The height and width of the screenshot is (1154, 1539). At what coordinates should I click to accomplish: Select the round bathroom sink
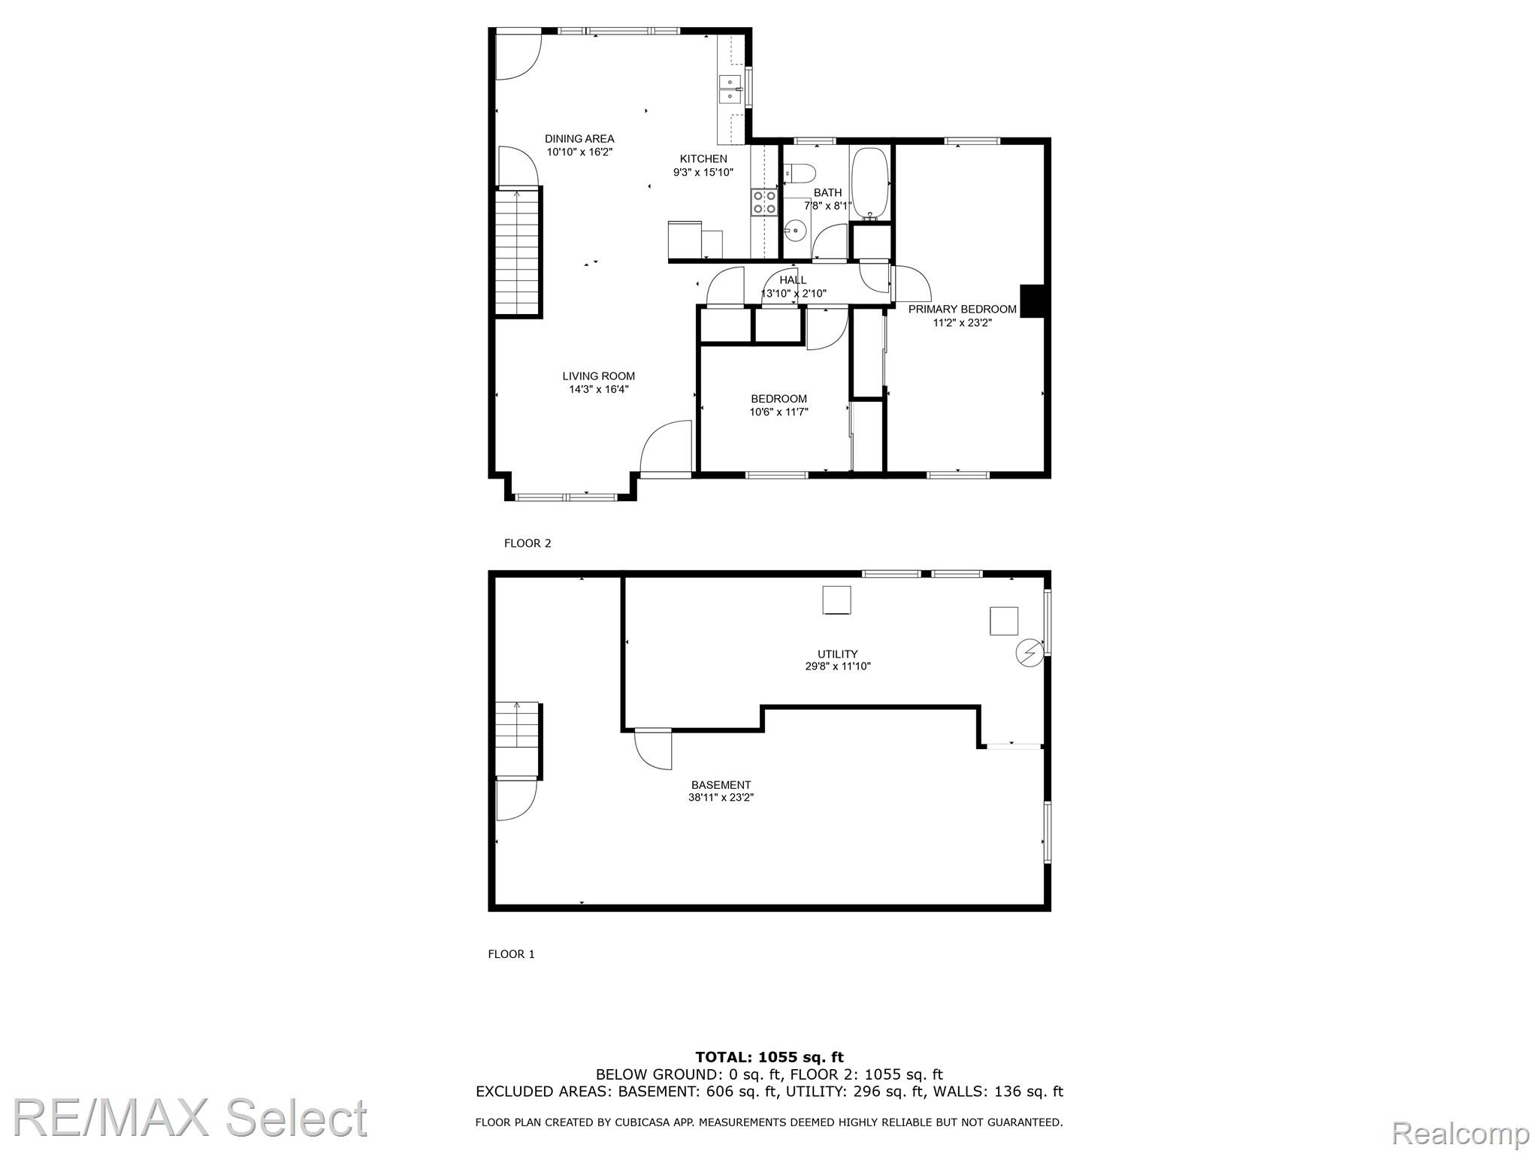[x=795, y=230]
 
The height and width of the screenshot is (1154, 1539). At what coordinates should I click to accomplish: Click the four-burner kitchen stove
[x=764, y=202]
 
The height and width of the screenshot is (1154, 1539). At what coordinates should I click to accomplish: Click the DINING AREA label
[x=579, y=139]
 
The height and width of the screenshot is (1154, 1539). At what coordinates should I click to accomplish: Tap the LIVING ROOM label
[x=599, y=376]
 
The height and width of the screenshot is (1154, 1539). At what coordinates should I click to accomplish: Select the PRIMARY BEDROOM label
[x=963, y=310]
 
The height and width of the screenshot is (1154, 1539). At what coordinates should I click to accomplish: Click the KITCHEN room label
[x=703, y=159]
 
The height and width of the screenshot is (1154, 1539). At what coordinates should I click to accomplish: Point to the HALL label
[x=793, y=280]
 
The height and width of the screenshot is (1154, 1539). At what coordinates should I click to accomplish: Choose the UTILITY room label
[x=838, y=654]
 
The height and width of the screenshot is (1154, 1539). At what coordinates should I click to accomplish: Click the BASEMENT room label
[x=721, y=785]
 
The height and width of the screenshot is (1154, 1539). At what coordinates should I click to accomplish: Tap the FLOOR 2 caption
[x=528, y=543]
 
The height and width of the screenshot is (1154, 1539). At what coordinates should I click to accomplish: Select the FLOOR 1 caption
[x=512, y=954]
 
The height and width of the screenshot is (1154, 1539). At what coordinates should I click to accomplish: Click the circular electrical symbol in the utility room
[x=1030, y=653]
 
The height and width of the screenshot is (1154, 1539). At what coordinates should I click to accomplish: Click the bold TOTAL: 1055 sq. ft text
[x=769, y=1058]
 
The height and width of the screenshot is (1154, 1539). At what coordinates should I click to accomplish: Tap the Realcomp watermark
[x=1461, y=1132]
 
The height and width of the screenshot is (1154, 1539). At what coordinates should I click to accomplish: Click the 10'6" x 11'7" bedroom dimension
[x=779, y=412]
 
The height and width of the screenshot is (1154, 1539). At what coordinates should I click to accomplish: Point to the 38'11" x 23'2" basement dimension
[x=721, y=798]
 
